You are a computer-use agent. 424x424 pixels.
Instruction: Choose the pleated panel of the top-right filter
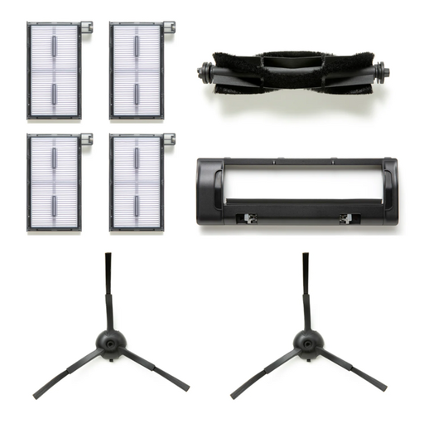[138, 71]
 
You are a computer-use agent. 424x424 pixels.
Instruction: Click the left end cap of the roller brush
[203, 72]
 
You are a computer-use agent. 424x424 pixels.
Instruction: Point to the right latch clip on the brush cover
[345, 219]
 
